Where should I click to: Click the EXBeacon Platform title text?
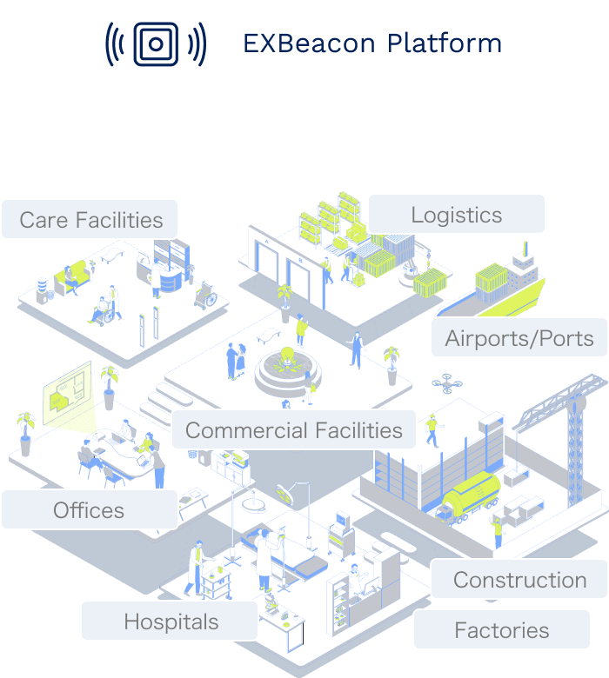tap(371, 43)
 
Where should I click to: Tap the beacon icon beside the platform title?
tap(156, 43)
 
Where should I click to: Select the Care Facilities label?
tap(90, 219)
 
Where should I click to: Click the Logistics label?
tap(457, 215)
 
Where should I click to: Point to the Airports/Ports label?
tap(519, 338)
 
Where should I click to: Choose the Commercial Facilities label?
tap(294, 429)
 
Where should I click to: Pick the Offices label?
tap(89, 510)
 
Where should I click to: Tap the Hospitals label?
tap(171, 621)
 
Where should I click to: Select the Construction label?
tap(519, 580)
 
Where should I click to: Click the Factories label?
tap(502, 630)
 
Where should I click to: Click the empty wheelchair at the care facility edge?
tap(206, 296)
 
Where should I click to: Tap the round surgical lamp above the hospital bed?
tap(284, 493)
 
